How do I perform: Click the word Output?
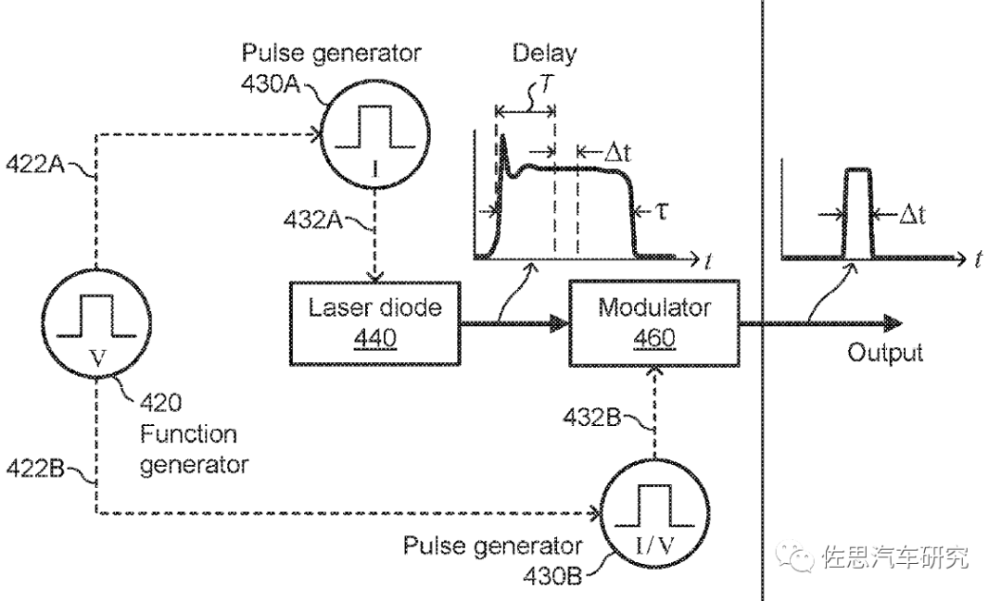[x=885, y=353]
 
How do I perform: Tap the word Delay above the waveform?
[x=544, y=52]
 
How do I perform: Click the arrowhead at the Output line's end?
[x=894, y=322]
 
